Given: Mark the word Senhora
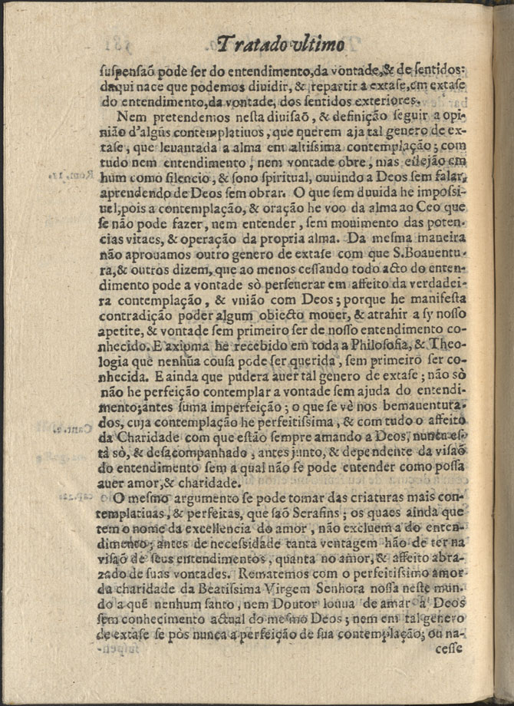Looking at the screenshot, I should point(349,597).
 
